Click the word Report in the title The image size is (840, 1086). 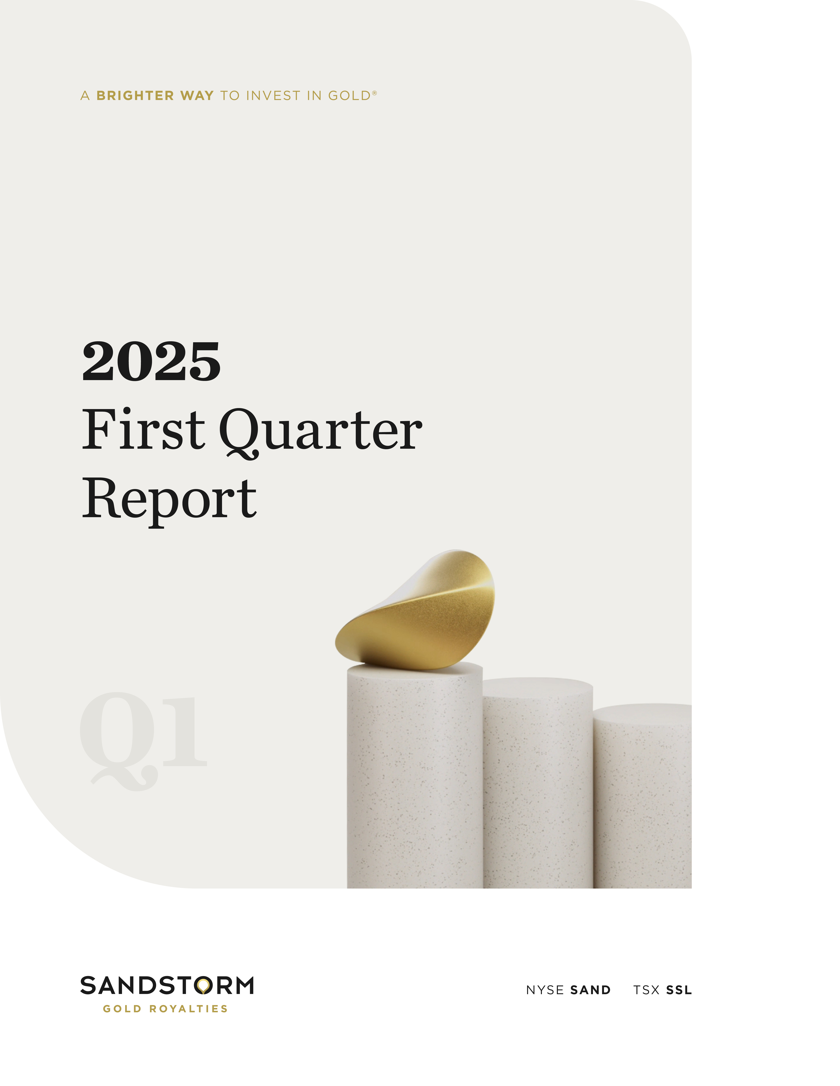point(169,499)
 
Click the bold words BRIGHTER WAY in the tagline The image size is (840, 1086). point(155,95)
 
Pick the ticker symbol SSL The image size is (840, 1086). point(679,990)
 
